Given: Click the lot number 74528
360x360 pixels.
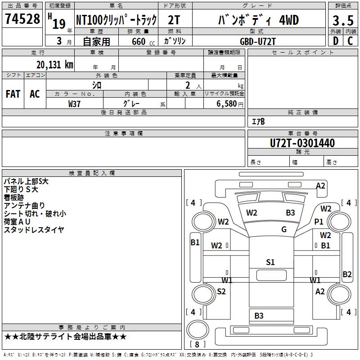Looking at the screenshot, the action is tap(22, 19).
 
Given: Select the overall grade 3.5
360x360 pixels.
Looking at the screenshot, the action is tap(343, 20).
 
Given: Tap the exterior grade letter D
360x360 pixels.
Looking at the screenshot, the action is tap(336, 41).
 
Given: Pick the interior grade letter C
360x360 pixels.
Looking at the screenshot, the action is tap(350, 41).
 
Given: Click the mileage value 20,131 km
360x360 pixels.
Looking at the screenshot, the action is tap(54, 65).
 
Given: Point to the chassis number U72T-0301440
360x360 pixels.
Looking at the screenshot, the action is tap(302, 143).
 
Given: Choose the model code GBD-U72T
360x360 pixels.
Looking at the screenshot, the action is tap(257, 41).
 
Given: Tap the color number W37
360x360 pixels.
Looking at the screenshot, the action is tap(74, 104).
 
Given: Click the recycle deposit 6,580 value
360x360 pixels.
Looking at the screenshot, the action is tap(226, 104).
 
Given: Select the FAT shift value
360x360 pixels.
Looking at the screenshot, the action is tap(13, 94).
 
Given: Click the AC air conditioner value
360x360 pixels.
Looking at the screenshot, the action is tap(35, 94).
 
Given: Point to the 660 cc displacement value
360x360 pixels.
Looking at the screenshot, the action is tap(143, 41).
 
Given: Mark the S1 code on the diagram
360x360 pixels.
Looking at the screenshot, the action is tap(270, 262).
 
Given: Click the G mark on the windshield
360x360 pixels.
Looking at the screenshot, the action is tap(284, 229).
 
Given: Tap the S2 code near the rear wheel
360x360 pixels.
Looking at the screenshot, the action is tap(221, 291).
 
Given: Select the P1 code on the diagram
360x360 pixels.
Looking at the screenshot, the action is tap(319, 221).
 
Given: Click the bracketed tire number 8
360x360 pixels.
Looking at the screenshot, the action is tap(197, 344).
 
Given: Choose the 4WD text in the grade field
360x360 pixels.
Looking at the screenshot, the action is tap(289, 20).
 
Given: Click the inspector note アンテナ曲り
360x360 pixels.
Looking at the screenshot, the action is tap(24, 206).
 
